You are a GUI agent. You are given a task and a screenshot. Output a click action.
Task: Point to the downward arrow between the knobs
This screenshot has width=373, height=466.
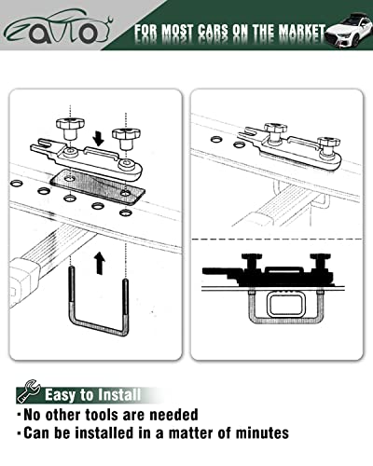[x=99, y=139]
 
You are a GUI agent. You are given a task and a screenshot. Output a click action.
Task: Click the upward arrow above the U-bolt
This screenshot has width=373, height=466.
[x=99, y=263]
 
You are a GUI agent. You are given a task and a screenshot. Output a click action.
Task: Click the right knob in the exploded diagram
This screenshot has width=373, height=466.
[x=125, y=136]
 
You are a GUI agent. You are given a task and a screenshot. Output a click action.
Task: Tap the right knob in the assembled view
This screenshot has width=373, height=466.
[x=325, y=145]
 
